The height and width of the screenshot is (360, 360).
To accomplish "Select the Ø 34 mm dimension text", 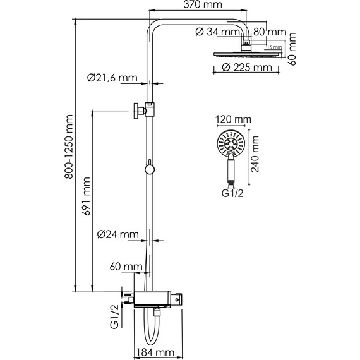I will (217, 32).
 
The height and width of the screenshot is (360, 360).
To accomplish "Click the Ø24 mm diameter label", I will (118, 235).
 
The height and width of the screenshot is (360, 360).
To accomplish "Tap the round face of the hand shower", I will (232, 144).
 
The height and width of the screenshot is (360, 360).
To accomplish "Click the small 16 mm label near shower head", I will (273, 47).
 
